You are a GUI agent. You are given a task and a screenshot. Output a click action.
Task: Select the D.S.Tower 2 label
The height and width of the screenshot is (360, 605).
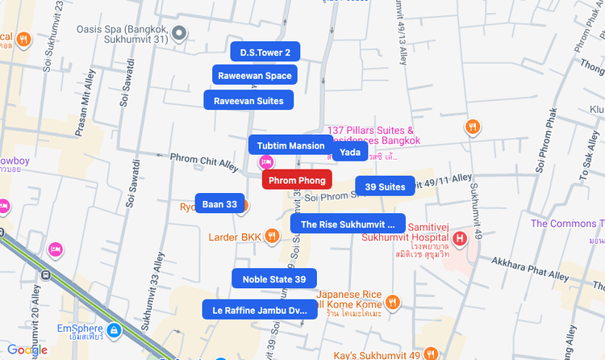(265, 52)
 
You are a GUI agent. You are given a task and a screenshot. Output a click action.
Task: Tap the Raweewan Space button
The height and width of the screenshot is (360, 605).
(255, 76)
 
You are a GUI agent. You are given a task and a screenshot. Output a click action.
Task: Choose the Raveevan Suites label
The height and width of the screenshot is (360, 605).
(248, 101)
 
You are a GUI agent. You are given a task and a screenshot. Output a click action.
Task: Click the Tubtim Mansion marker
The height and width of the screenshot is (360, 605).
(290, 146)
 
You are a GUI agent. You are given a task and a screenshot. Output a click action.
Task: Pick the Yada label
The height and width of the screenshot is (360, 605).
(349, 152)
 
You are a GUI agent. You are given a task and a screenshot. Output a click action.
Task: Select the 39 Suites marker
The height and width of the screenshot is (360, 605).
(385, 186)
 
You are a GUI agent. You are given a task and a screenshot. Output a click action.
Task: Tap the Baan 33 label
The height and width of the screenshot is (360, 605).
(219, 204)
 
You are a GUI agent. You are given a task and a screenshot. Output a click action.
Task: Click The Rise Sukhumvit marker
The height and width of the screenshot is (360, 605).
(348, 224)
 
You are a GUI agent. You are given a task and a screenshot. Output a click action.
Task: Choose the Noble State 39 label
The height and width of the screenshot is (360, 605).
(274, 279)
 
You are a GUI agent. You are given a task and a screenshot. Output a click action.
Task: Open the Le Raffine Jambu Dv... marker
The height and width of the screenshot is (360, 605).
(260, 310)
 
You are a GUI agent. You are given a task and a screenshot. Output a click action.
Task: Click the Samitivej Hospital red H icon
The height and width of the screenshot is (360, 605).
(459, 238)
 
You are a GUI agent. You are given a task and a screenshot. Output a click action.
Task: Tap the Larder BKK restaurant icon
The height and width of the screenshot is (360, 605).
(273, 237)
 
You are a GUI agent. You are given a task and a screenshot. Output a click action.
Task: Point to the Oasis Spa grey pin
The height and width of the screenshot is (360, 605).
(181, 33)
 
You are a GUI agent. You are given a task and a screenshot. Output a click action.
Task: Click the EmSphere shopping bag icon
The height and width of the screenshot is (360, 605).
(115, 330)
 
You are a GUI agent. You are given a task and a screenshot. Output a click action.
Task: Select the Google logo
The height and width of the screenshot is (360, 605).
(27, 350)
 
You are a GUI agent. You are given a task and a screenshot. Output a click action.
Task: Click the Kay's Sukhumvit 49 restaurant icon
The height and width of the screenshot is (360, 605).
(431, 354)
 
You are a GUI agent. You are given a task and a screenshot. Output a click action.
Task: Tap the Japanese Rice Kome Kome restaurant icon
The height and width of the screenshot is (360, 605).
(392, 303)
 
